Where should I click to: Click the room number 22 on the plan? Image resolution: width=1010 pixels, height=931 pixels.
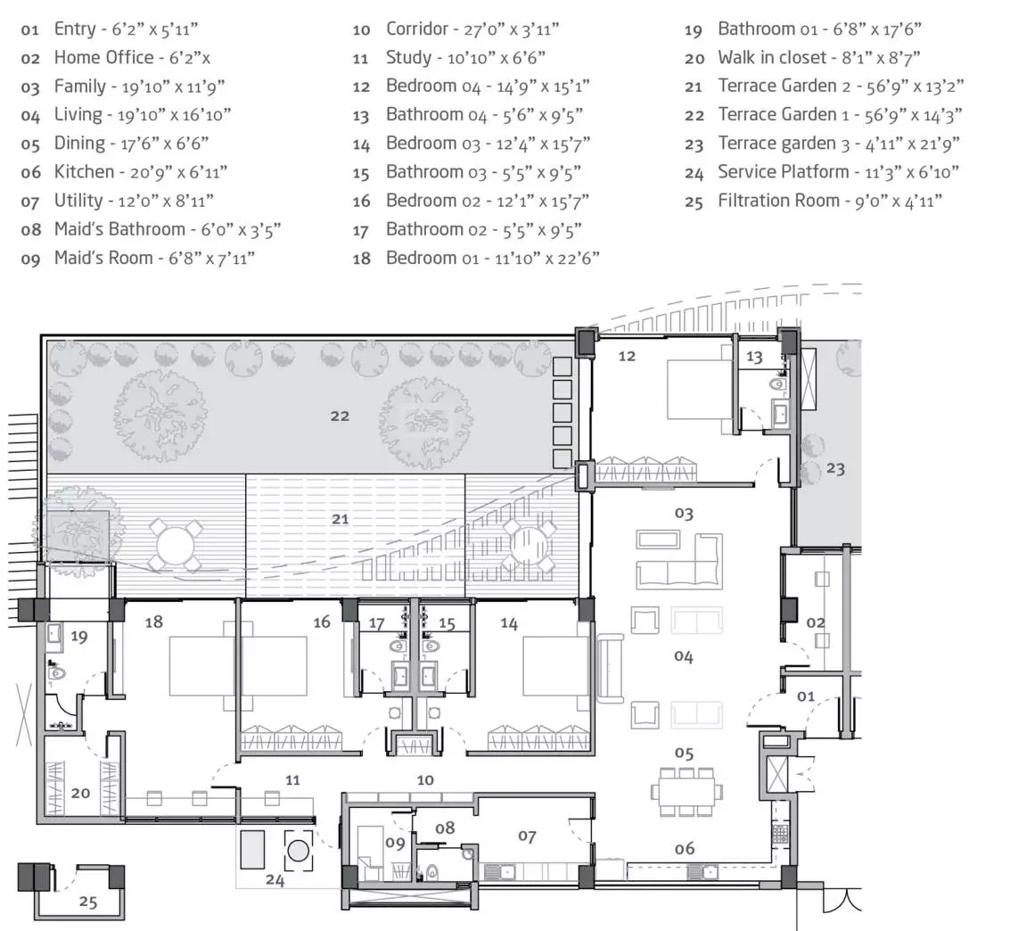click(340, 416)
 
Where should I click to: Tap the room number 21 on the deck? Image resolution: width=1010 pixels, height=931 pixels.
click(340, 518)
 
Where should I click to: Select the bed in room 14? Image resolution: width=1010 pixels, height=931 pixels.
click(554, 665)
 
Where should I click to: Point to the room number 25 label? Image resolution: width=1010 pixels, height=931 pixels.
click(87, 902)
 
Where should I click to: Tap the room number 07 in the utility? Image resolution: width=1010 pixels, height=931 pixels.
click(527, 836)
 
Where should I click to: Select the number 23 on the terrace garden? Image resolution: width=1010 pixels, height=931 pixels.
click(835, 467)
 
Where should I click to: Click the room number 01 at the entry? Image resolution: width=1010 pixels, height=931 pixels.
click(805, 695)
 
